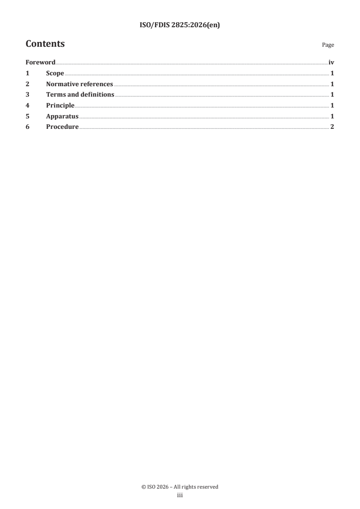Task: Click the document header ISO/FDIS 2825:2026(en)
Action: [x=180, y=26]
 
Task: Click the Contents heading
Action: [x=45, y=44]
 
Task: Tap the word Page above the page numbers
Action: [x=328, y=45]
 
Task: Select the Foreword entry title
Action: [x=40, y=63]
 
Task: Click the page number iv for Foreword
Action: [x=331, y=63]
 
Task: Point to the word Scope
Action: [x=55, y=73]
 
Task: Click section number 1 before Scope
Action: [x=27, y=73]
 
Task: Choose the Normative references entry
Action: [x=79, y=84]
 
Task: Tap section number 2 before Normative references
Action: [x=27, y=84]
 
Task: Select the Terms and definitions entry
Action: [x=80, y=95]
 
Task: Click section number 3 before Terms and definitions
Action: [x=27, y=95]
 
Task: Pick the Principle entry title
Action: [x=60, y=105]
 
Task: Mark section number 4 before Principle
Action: [x=27, y=105]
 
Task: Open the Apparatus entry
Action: [x=62, y=116]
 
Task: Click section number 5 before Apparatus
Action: [x=27, y=116]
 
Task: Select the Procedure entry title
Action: [x=62, y=127]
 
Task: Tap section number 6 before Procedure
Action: [x=27, y=127]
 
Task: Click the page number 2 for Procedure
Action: [x=332, y=127]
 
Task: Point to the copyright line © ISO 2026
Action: [x=180, y=487]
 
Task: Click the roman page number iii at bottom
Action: [x=180, y=495]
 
